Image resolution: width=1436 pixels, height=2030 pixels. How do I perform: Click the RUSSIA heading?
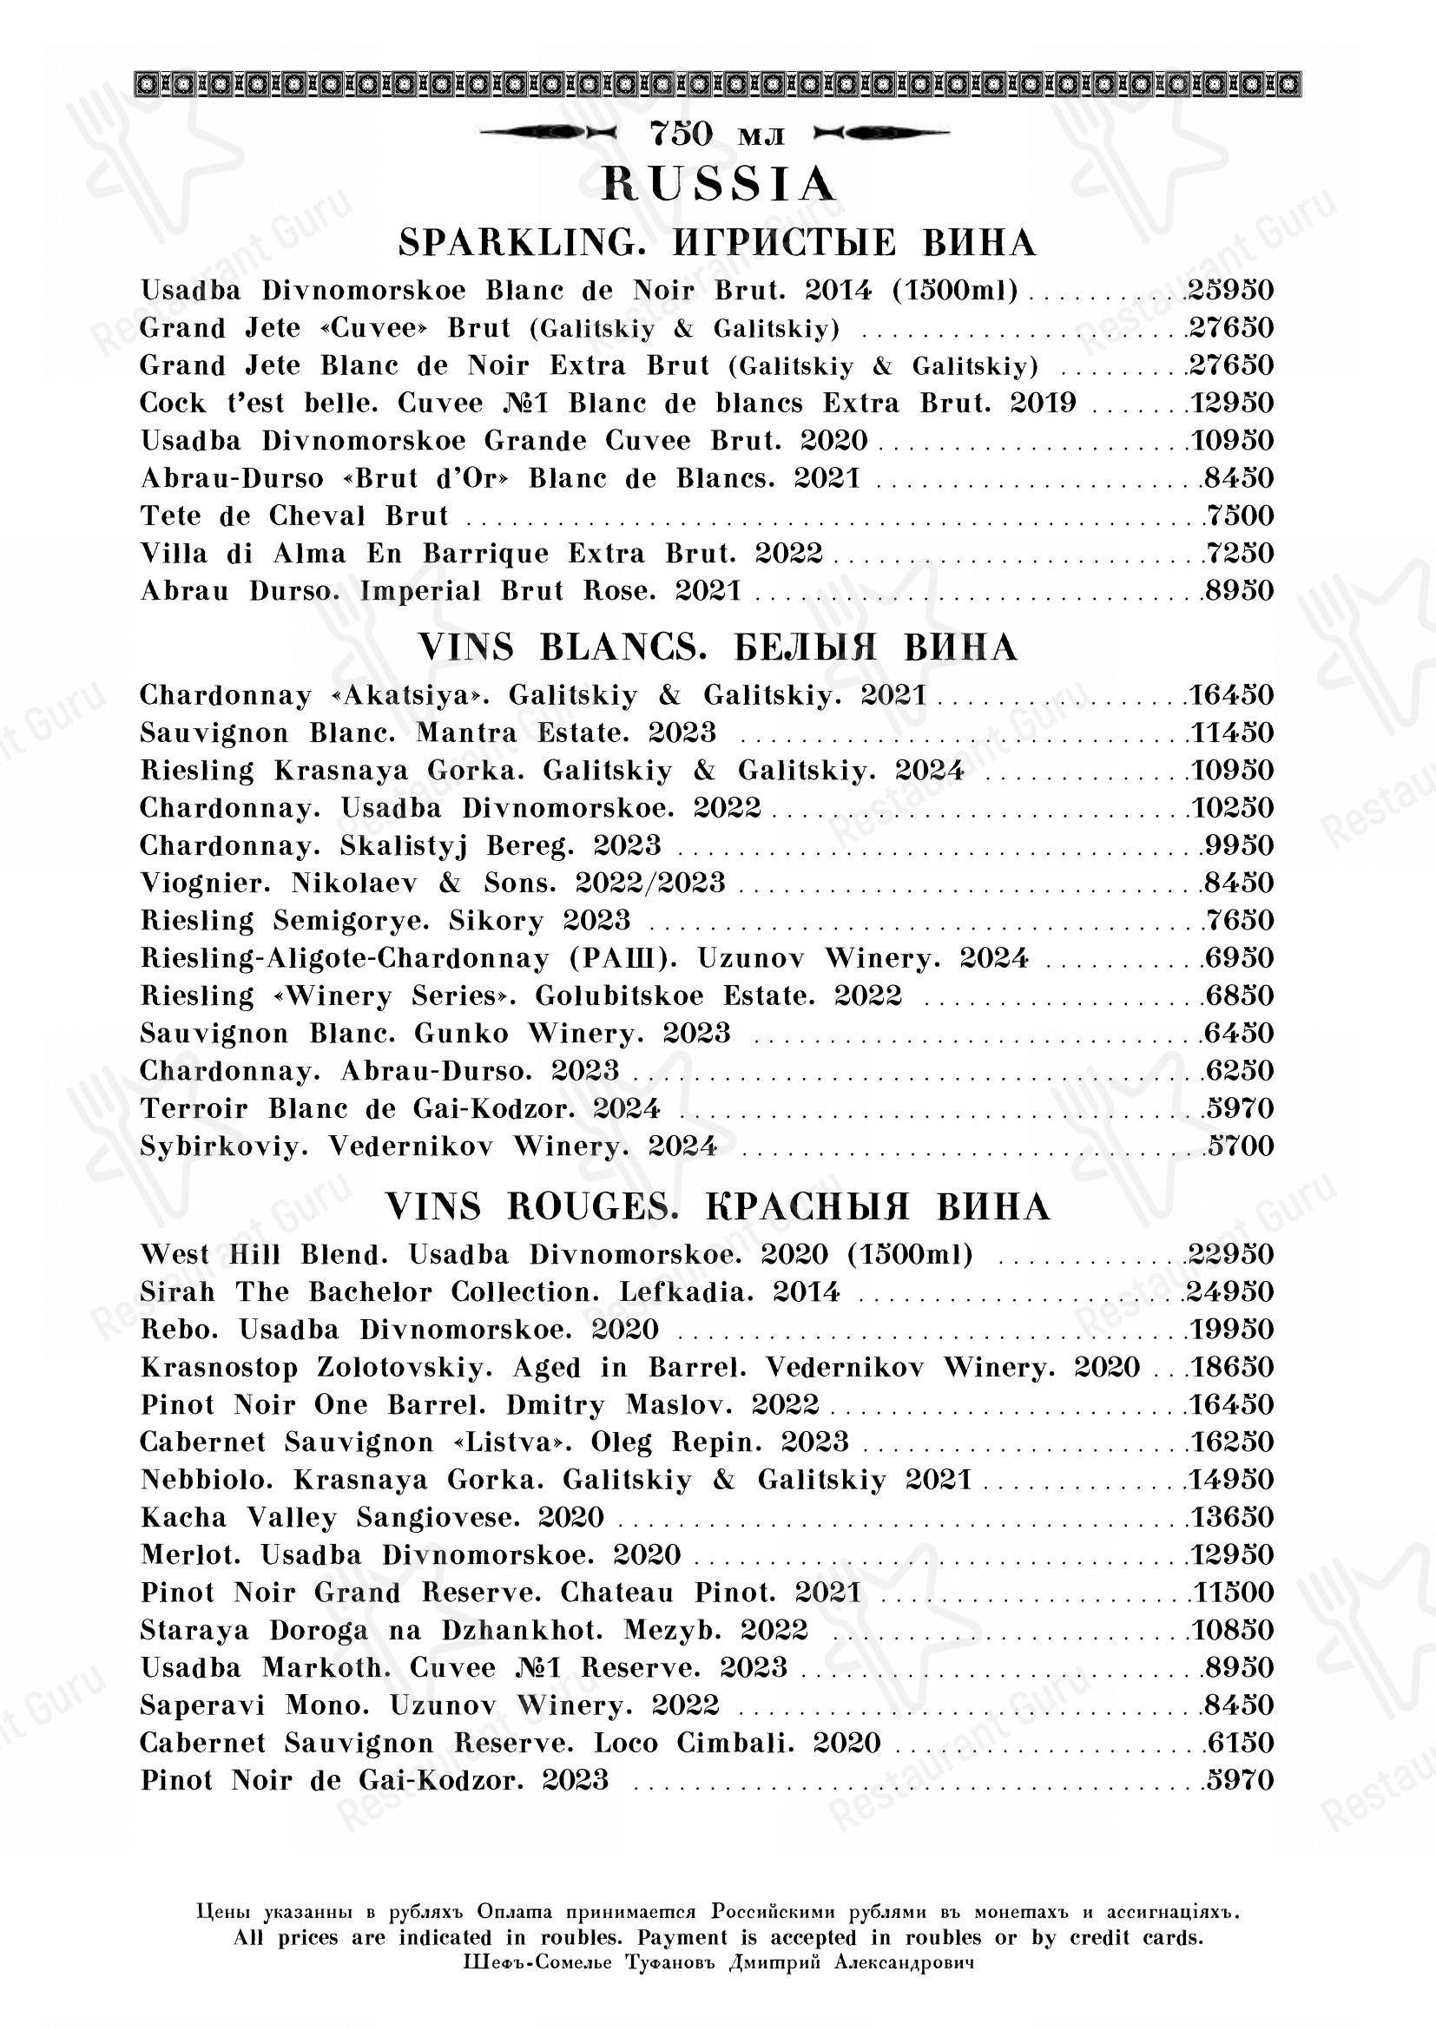[x=718, y=185]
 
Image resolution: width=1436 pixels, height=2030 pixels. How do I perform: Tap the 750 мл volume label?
[x=717, y=135]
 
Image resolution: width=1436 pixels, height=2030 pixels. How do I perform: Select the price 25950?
[x=1230, y=290]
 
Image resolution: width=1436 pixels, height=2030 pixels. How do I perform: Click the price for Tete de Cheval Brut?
[x=1238, y=516]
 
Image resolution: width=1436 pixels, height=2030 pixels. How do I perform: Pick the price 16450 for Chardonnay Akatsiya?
[x=1230, y=695]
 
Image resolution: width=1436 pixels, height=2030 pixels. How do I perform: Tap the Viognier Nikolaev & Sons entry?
[x=432, y=883]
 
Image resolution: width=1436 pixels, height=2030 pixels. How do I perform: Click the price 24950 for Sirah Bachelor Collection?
[x=1230, y=1291]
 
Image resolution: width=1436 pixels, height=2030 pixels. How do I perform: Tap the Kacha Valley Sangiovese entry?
[x=372, y=1517]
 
